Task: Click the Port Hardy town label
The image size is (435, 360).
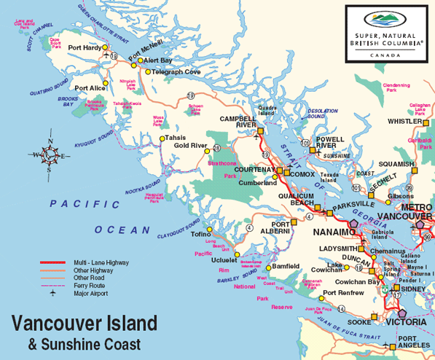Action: [84, 48]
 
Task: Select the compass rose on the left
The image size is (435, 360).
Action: [47, 154]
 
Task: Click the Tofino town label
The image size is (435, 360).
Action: [200, 234]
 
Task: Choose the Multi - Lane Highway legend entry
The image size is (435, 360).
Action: [99, 262]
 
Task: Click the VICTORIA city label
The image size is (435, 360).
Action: [407, 321]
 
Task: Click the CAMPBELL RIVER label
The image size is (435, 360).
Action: [238, 121]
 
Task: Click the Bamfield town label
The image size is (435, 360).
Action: [286, 267]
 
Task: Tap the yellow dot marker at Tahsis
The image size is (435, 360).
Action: [162, 138]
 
